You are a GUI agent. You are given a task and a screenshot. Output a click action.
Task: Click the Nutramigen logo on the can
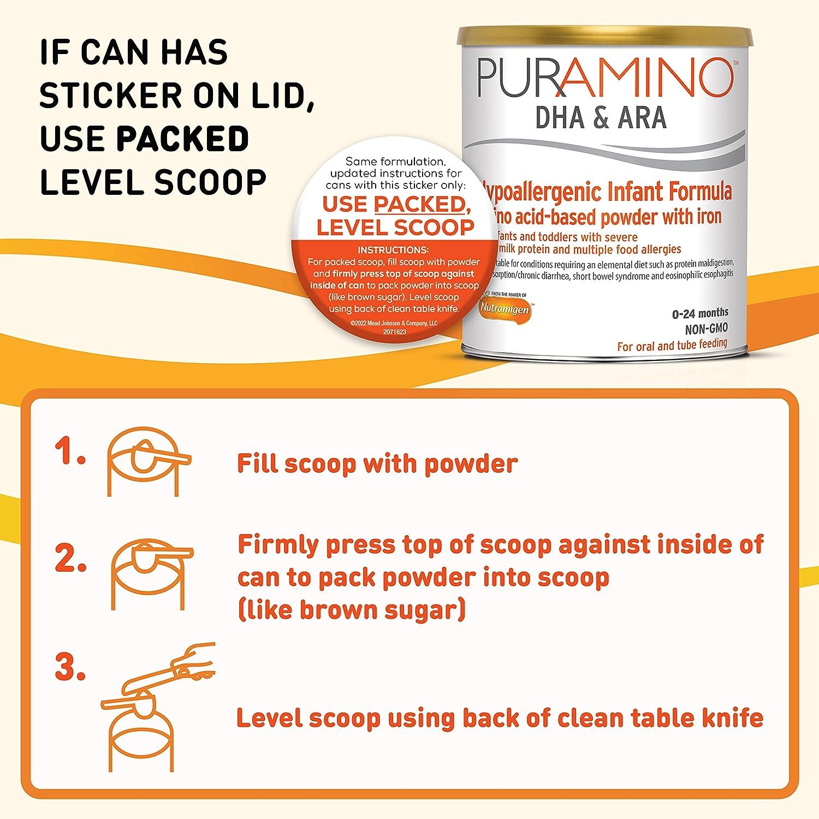[505, 309]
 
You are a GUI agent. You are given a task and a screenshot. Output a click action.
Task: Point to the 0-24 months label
[701, 313]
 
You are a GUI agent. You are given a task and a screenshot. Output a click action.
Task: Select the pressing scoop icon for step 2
[151, 568]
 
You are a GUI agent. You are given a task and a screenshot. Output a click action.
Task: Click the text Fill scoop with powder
[377, 464]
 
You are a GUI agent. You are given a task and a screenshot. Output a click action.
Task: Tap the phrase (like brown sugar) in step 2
[352, 609]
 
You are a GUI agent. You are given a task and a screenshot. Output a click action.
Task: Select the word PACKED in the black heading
[182, 139]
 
